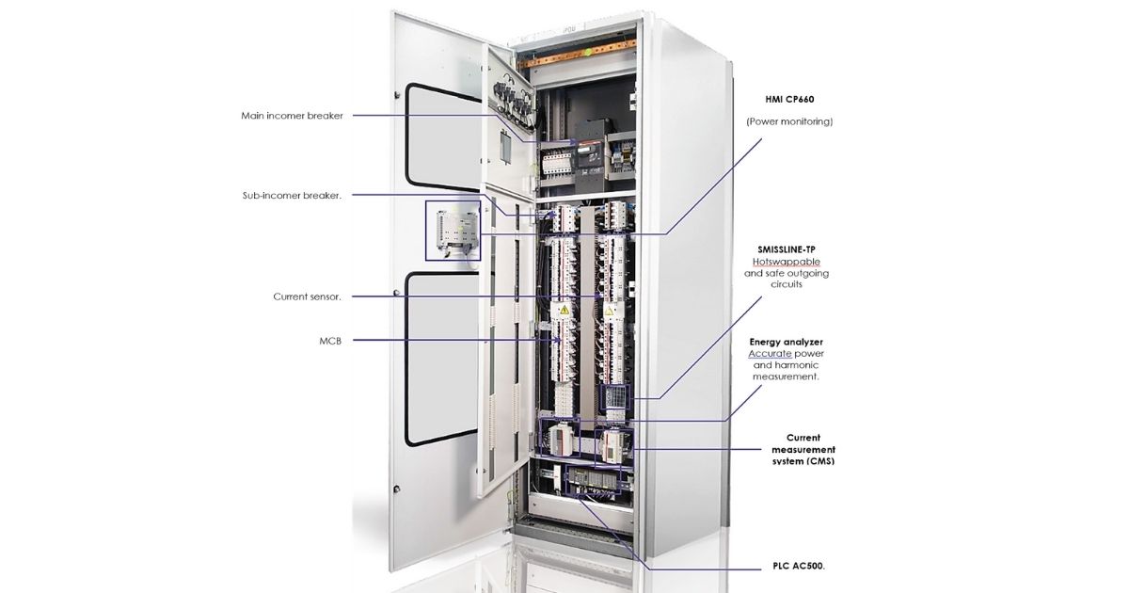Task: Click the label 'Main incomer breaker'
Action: click(x=292, y=116)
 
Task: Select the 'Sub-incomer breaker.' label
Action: click(x=292, y=196)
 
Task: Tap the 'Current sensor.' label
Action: click(x=307, y=296)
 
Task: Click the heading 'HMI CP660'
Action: click(x=789, y=98)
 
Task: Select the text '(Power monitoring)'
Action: click(x=789, y=121)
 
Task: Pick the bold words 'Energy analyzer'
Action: click(x=786, y=342)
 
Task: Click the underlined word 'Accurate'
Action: click(x=770, y=353)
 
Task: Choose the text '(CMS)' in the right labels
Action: click(x=815, y=460)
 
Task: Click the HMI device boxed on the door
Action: click(x=453, y=230)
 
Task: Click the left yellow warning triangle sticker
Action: click(x=564, y=310)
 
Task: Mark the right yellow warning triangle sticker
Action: click(x=610, y=310)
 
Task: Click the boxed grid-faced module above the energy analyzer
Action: click(x=613, y=399)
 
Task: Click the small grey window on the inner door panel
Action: click(x=505, y=146)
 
